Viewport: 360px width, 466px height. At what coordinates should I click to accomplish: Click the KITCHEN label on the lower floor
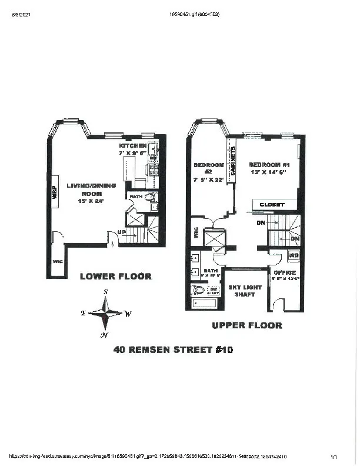[132, 145]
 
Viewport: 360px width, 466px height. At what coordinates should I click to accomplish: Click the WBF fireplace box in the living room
[55, 192]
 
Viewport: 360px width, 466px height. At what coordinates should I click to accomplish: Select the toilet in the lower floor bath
[149, 198]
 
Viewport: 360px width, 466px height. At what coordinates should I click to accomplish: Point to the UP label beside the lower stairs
[122, 233]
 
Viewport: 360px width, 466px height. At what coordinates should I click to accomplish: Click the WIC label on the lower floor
[58, 261]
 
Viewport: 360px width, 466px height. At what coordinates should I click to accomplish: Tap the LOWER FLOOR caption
[115, 276]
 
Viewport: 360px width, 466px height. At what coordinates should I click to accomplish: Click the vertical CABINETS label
[234, 161]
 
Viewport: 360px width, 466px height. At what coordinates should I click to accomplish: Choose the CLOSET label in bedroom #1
[272, 204]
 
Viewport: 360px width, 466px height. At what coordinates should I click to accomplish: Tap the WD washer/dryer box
[293, 255]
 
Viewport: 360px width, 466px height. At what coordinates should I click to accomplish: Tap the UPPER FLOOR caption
[246, 325]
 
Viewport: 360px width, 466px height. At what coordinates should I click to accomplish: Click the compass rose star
[105, 314]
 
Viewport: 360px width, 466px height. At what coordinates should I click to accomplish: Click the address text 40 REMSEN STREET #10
[173, 349]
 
